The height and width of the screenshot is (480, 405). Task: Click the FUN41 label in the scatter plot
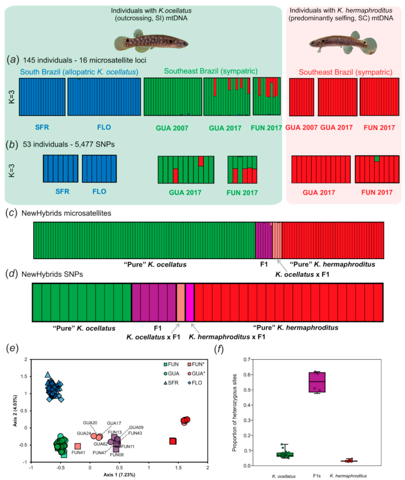click(78, 452)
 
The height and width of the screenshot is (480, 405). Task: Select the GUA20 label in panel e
click(90, 423)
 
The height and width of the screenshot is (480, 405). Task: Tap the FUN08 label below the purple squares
click(117, 455)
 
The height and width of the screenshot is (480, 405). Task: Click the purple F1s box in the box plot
click(317, 382)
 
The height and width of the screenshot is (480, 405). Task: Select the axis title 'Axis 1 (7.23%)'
click(119, 475)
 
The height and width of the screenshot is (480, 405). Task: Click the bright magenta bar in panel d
click(190, 302)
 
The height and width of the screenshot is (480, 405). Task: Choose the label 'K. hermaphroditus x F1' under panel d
click(227, 337)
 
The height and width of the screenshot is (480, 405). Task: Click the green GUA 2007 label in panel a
click(172, 128)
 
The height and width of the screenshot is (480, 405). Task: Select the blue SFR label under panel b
click(62, 191)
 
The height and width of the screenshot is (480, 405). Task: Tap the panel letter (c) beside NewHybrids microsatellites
click(12, 213)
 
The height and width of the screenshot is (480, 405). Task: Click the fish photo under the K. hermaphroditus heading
click(343, 43)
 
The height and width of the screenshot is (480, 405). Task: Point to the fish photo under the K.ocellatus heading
click(151, 41)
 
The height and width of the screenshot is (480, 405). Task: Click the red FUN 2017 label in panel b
click(377, 192)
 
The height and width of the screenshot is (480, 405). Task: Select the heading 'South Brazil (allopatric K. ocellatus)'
click(79, 72)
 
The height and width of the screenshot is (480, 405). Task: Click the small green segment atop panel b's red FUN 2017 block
click(377, 159)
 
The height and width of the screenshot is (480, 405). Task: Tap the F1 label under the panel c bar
click(264, 264)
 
